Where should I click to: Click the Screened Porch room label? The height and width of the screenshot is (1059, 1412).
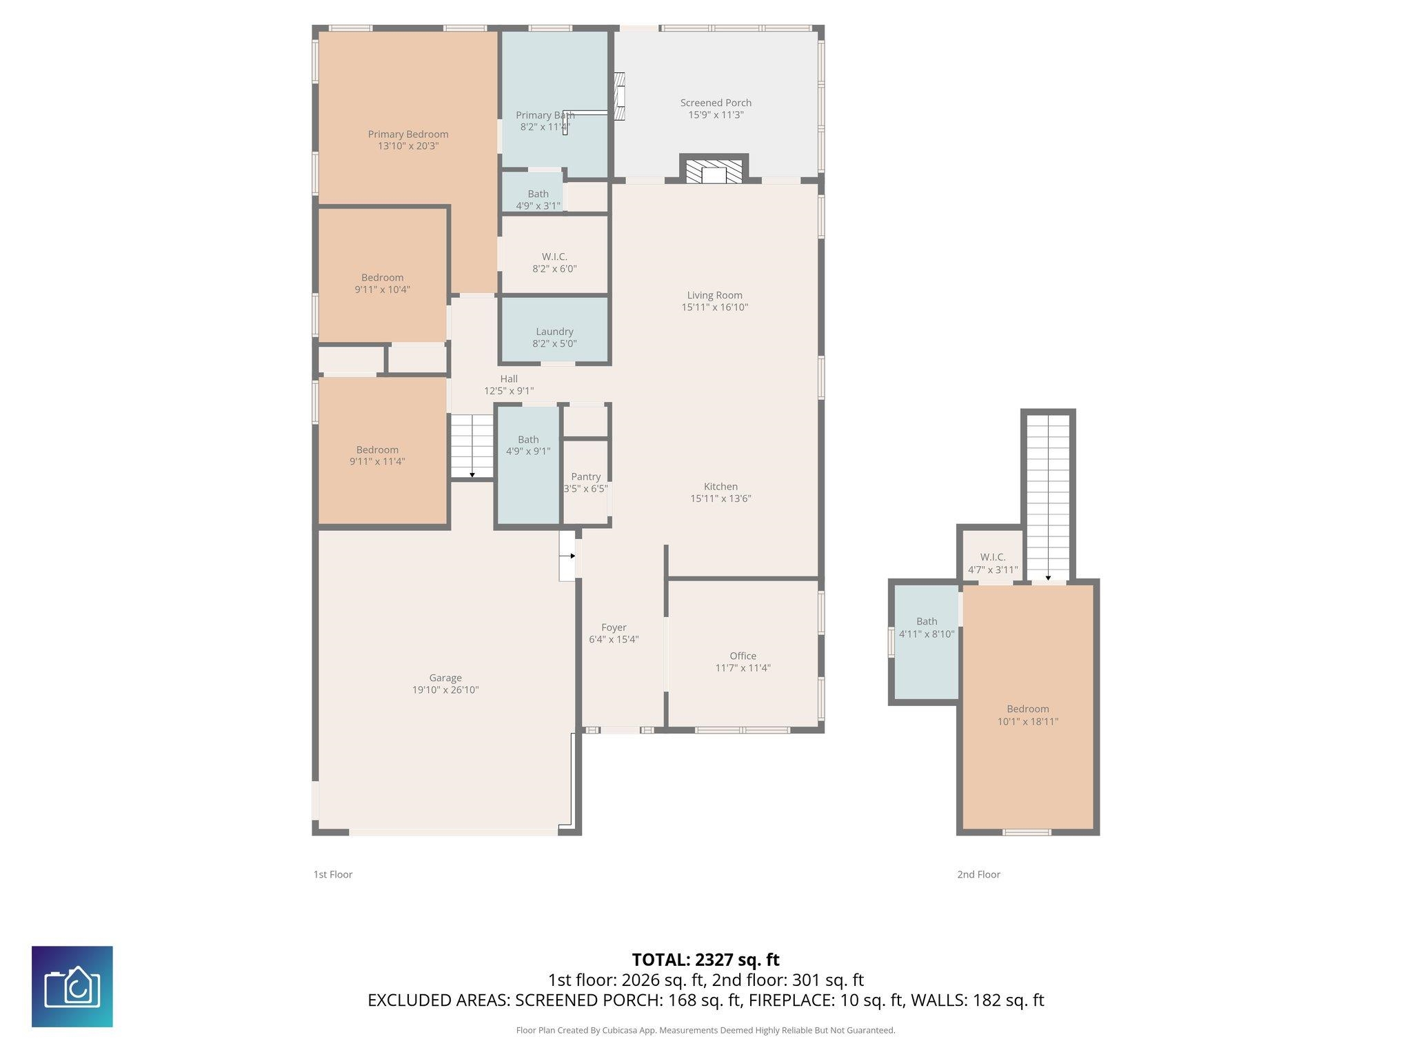tap(716, 103)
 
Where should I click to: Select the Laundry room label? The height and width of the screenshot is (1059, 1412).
tap(554, 332)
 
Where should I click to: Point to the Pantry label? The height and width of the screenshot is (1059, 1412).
tap(586, 476)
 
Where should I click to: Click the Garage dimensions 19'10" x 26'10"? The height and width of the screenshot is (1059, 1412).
tap(445, 689)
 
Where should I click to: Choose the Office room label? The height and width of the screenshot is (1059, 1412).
tap(743, 656)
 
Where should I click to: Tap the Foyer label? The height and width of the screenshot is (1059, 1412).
tap(614, 627)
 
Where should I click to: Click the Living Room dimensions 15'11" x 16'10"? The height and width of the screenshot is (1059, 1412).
tap(715, 307)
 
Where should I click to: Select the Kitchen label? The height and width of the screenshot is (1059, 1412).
tap(720, 486)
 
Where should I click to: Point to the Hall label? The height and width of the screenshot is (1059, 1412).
tap(509, 379)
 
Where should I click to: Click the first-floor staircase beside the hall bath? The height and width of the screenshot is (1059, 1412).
tap(472, 447)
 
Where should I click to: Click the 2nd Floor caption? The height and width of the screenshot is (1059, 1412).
tap(978, 874)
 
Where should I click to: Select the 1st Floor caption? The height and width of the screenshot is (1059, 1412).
tap(333, 874)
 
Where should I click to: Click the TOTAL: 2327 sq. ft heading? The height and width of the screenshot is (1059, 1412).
tap(705, 960)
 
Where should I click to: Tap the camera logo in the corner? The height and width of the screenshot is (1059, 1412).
tap(72, 987)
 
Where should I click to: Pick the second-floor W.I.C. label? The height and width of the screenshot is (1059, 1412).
tap(993, 557)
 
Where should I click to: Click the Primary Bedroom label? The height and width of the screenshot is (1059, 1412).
tap(408, 134)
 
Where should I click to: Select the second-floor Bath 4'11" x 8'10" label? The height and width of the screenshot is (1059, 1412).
tap(927, 627)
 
